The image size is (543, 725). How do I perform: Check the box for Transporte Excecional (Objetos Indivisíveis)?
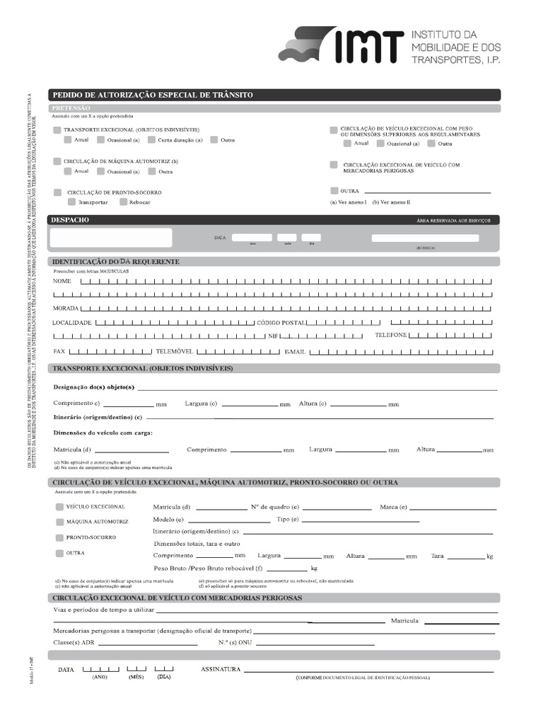[57, 130]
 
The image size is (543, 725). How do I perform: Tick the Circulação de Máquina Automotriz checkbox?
[57, 161]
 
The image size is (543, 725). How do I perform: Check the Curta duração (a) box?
[152, 140]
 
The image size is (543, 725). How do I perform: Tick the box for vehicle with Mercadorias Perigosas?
[334, 165]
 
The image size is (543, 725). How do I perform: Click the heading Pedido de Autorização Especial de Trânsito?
[152, 95]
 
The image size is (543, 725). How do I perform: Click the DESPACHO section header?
[70, 220]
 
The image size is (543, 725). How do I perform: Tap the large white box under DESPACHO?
[111, 238]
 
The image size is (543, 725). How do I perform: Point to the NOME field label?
[62, 282]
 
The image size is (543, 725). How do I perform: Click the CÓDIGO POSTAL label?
[281, 323]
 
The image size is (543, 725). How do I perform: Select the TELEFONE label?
[391, 335]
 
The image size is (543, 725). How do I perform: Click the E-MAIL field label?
[295, 352]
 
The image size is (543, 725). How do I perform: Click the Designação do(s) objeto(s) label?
[94, 387]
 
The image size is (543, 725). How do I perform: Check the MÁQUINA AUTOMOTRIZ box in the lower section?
[59, 522]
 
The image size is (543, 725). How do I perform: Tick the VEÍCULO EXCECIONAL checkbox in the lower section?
[59, 507]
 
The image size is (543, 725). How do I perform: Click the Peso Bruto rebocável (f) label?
[209, 569]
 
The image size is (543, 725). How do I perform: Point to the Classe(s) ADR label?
[74, 643]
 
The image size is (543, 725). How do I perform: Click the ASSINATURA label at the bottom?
[221, 669]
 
